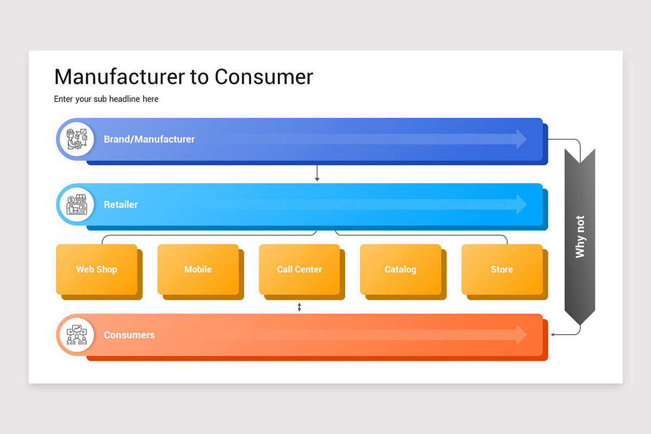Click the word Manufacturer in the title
[x=120, y=77]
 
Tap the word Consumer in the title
[x=264, y=77]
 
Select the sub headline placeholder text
[x=106, y=99]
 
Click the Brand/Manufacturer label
[x=149, y=139]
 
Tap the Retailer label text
[x=120, y=205]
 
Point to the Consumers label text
[x=129, y=335]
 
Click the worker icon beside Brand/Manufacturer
[x=76, y=139]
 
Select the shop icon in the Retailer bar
[x=76, y=205]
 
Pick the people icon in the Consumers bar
[x=76, y=335]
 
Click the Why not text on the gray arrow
[x=580, y=237]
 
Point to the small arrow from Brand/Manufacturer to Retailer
[x=317, y=173]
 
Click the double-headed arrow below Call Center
[x=299, y=307]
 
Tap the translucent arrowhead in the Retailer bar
[x=521, y=205]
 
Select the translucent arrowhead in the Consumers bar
[x=521, y=335]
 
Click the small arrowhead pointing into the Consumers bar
[x=552, y=335]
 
